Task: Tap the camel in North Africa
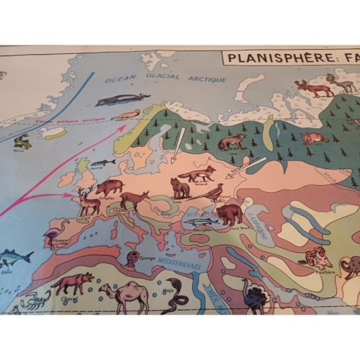(124, 294)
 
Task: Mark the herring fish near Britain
(102, 163)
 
